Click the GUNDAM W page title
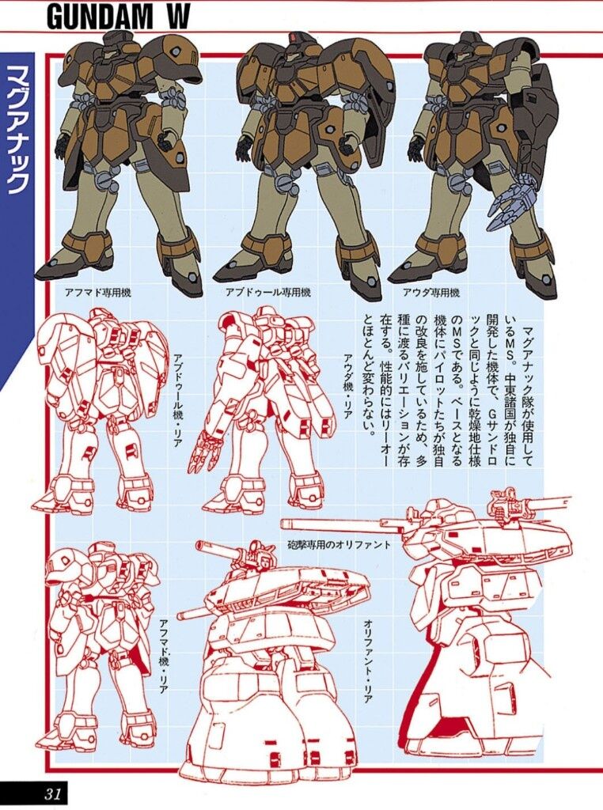119,16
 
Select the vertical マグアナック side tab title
17,129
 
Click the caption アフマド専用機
97,293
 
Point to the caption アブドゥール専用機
268,293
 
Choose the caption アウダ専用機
431,293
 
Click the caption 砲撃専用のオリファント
339,545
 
